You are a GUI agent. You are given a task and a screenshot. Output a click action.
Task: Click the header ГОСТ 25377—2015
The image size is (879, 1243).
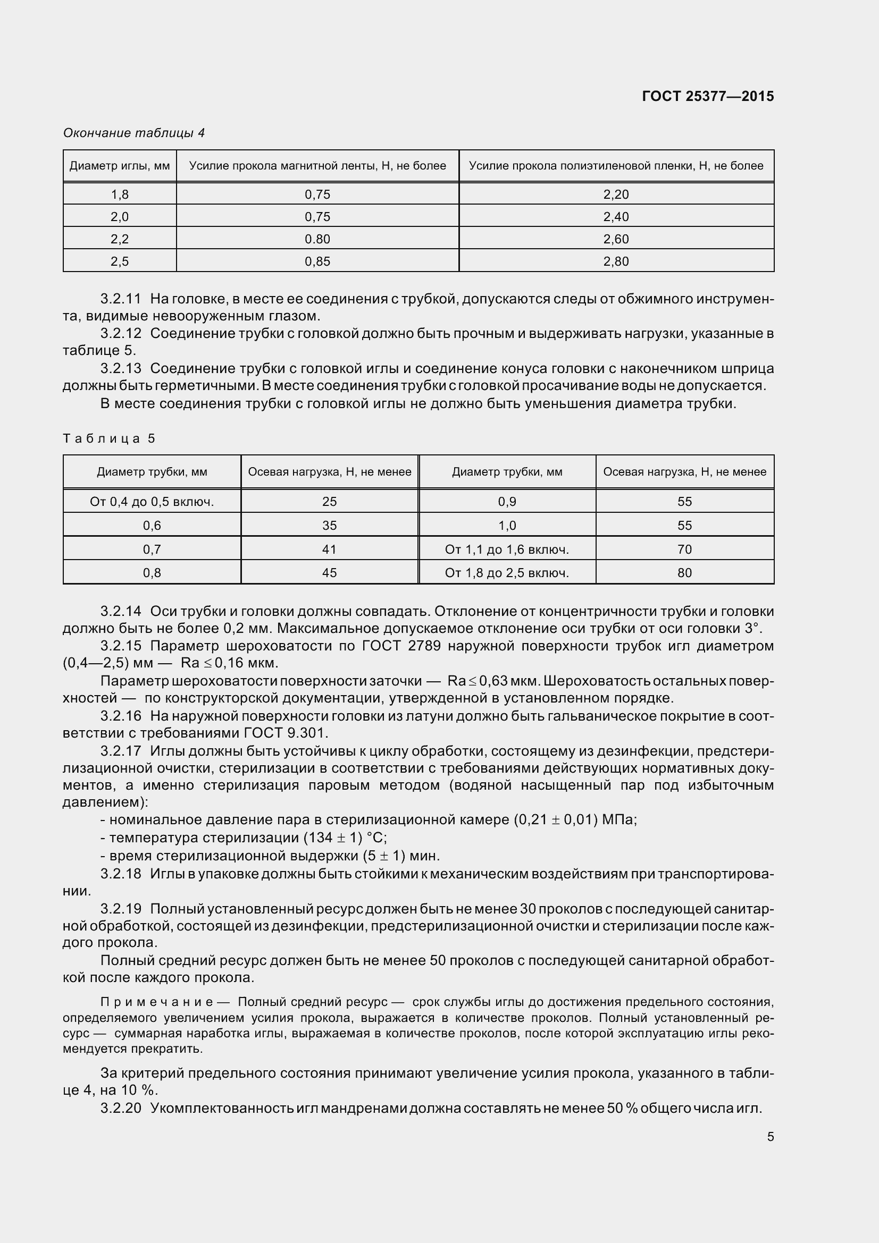tap(707, 96)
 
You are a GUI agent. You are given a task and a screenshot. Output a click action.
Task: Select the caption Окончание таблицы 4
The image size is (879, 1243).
tap(134, 133)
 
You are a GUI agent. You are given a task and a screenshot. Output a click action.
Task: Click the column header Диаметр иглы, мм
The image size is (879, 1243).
tap(120, 166)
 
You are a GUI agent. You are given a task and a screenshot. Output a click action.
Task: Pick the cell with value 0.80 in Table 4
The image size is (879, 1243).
tap(317, 239)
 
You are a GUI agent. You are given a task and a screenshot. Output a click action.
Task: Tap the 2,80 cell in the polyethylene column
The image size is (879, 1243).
tap(616, 261)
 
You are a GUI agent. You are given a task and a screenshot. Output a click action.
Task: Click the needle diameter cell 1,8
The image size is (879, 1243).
tap(120, 195)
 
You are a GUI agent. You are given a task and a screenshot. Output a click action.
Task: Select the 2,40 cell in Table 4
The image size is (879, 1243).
tap(616, 216)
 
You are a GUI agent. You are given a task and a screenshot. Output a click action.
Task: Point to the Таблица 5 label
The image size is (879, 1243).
tap(109, 438)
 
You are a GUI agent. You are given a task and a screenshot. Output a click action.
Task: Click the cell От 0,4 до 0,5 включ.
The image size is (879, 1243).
tap(152, 502)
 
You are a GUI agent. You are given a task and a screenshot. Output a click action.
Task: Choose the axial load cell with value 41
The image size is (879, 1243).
tap(329, 549)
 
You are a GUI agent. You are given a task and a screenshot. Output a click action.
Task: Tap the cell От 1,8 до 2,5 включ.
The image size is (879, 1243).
tap(507, 573)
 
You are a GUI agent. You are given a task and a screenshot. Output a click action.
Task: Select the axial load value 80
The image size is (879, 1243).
tap(684, 573)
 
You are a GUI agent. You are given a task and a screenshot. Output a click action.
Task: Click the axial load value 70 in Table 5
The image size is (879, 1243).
tap(684, 549)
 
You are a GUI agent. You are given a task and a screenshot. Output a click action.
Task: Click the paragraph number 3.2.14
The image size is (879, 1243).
tap(121, 611)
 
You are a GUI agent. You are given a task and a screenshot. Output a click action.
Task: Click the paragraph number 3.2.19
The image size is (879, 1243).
tap(121, 908)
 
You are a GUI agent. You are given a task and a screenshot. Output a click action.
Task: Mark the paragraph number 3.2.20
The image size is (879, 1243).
tap(121, 1108)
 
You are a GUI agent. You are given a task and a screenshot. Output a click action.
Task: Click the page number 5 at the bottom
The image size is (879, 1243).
tap(770, 1137)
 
